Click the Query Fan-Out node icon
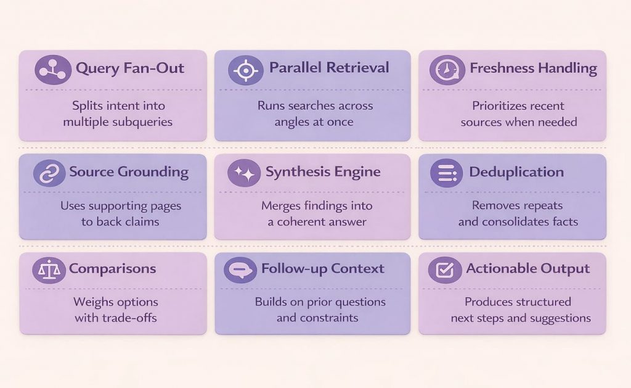point(53,70)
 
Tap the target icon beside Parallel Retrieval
point(245,70)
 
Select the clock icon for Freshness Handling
point(447,70)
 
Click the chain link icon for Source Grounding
point(49,173)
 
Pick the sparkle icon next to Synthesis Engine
point(244,173)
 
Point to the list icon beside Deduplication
point(446,173)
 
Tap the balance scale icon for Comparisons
point(49,270)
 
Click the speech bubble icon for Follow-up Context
point(240,270)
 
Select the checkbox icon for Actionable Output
point(445,270)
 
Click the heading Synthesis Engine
point(323,172)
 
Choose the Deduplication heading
point(516,172)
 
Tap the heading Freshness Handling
point(533,68)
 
